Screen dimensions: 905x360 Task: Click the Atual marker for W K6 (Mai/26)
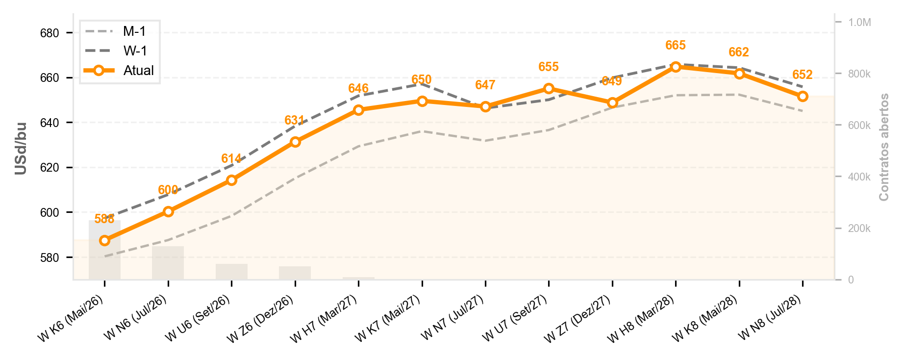point(104,240)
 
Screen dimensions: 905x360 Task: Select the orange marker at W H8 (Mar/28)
point(676,67)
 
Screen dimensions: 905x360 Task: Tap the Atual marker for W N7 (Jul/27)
point(485,106)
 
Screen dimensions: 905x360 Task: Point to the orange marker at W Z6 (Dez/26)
point(295,142)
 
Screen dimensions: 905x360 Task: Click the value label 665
point(676,46)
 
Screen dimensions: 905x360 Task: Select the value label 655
point(549,67)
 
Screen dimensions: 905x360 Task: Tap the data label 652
point(803,75)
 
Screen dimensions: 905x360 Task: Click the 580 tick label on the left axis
point(50,258)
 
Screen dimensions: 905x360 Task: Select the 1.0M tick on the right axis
point(860,23)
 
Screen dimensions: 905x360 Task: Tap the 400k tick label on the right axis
point(859,177)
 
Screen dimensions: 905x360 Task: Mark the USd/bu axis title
point(21,148)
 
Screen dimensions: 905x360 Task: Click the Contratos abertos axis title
point(884,147)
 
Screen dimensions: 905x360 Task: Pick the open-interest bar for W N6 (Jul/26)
point(168,263)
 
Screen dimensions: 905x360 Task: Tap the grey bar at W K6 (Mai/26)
point(104,250)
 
